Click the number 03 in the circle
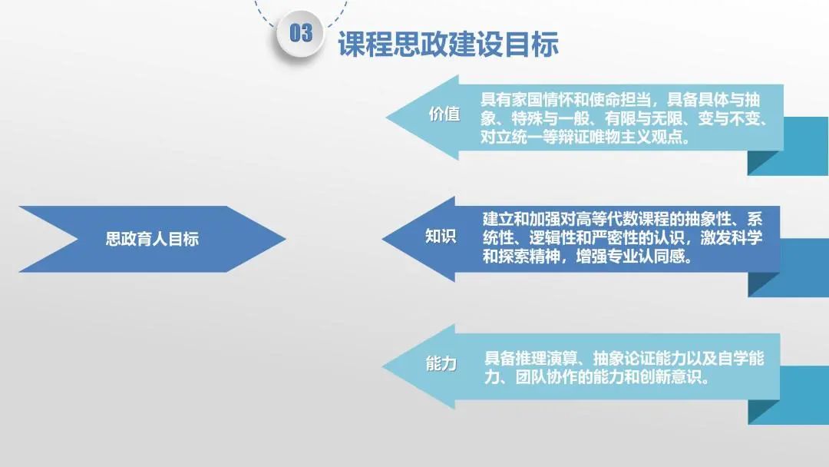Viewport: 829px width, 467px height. pyautogui.click(x=301, y=33)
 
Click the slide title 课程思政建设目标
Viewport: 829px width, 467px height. pyautogui.click(x=448, y=43)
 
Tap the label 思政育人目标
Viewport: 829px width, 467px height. pyautogui.click(x=152, y=239)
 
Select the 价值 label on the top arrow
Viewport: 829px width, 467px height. pyautogui.click(x=444, y=114)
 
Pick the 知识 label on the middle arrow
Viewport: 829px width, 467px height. pyautogui.click(x=441, y=236)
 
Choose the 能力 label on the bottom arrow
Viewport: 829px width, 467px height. pyautogui.click(x=441, y=363)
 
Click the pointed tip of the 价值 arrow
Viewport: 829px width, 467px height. pyautogui.click(x=386, y=118)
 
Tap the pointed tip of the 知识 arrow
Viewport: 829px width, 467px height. pyautogui.click(x=383, y=239)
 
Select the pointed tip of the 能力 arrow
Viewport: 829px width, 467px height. pyautogui.click(x=383, y=366)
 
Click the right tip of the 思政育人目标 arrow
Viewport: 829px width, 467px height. pyautogui.click(x=286, y=239)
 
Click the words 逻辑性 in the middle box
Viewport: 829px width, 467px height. pyautogui.click(x=552, y=238)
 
